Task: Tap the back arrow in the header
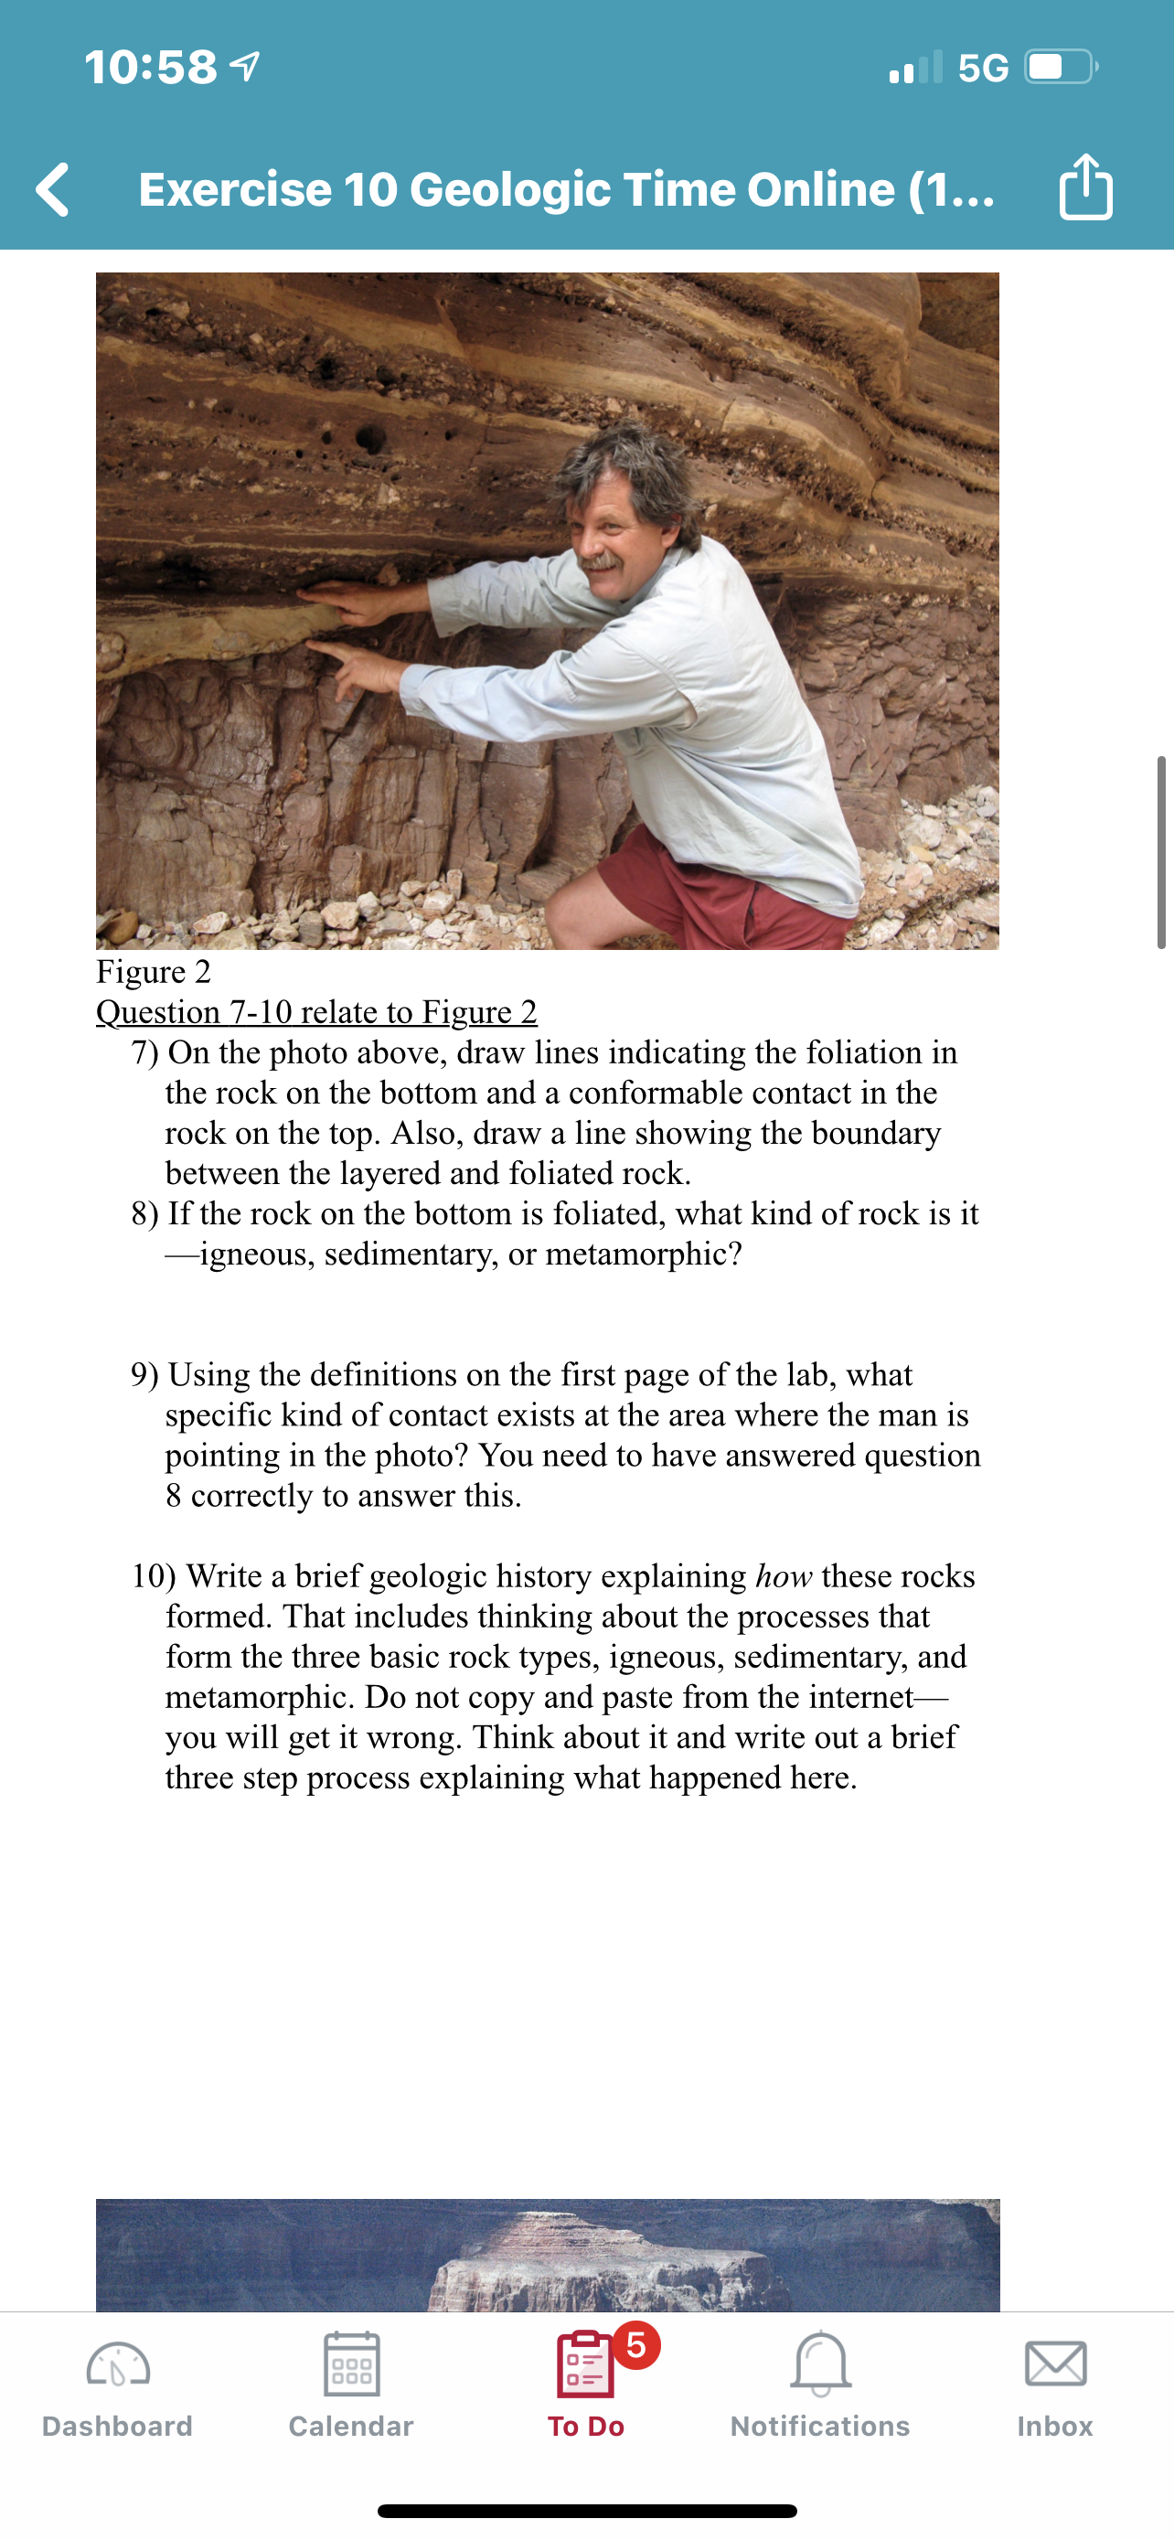53,188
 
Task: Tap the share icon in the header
1085,187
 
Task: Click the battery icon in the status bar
1061,67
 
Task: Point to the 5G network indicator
983,68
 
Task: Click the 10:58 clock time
151,67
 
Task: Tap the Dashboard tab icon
117,2364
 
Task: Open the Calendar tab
351,2364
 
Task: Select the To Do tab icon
585,2364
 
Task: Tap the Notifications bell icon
820,2364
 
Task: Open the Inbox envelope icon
1055,2364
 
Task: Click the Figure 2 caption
154,971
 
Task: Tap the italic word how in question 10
784,1575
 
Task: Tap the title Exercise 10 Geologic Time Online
566,188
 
